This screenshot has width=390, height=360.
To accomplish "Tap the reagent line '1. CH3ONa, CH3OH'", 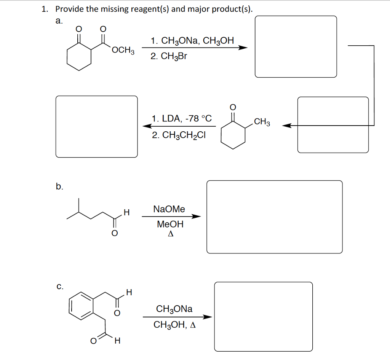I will click(192, 41).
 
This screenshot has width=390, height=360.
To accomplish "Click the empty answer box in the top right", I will click(296, 46).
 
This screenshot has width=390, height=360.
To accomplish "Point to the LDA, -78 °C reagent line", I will click(181, 118).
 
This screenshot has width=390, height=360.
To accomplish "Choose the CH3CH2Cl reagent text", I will click(179, 135).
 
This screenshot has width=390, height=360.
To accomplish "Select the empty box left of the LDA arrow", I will click(97, 126).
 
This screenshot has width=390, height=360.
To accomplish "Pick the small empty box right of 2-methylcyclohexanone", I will click(333, 125).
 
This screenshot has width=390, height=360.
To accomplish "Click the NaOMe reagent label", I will click(169, 209).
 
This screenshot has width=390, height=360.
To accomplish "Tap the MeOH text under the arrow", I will click(170, 225).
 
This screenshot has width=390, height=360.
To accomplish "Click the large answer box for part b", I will click(274, 217).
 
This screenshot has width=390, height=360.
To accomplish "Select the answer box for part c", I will click(263, 316).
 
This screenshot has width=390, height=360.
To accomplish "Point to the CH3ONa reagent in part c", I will click(174, 309).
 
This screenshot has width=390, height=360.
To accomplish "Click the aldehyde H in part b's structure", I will click(126, 212).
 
